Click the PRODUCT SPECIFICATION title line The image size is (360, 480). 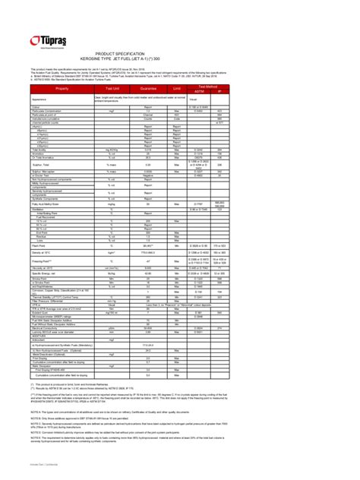(181, 55)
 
